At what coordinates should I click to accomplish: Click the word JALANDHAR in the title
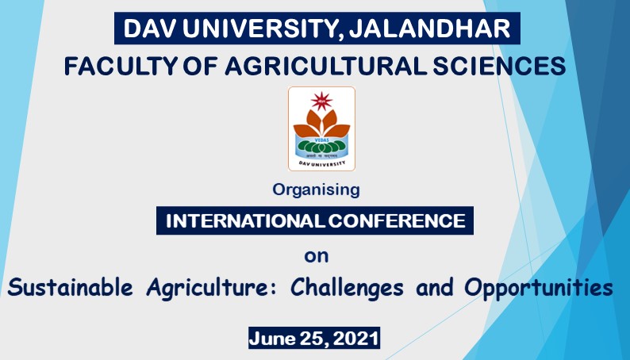429,28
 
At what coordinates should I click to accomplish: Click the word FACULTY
121,66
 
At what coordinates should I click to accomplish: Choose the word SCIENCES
499,66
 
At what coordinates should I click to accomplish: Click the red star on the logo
321,101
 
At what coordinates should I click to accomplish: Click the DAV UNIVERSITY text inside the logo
322,163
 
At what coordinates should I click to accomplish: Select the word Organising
316,190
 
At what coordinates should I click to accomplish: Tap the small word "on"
317,256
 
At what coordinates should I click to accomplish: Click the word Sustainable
70,287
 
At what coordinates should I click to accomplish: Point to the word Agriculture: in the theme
212,288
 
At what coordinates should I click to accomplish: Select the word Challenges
347,288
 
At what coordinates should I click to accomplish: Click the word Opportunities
539,288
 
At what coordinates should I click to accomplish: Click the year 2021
355,339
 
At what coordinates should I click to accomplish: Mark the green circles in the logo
321,147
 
